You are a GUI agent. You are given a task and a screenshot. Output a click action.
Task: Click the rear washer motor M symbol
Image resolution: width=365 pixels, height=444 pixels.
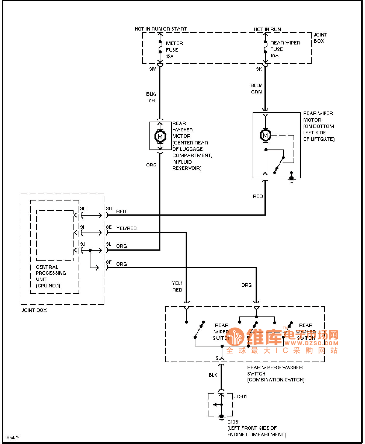pos(160,136)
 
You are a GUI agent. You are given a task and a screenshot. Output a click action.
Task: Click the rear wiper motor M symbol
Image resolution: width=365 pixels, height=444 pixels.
pos(265,135)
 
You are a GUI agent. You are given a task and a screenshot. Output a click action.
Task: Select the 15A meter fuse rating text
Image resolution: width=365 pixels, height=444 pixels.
pos(170,56)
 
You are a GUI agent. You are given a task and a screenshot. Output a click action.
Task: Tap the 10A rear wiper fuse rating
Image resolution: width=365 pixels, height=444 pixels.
pos(274,55)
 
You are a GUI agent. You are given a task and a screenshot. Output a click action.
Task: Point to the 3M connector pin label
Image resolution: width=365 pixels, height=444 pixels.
pos(153,69)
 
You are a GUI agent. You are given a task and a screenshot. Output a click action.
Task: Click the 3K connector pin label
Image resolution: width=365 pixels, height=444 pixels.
pos(259,69)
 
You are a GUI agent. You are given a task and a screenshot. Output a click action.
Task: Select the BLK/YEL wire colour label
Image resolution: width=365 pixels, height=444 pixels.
pos(152,97)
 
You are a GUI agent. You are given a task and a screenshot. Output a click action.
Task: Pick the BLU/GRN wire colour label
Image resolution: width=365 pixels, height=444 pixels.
pos(256,88)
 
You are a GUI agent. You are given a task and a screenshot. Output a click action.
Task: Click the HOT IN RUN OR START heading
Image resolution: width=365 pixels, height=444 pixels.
pos(161,29)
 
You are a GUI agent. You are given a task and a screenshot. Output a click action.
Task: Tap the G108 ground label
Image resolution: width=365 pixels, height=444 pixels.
pos(233,421)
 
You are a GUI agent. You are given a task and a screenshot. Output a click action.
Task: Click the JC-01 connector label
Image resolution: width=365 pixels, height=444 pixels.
pos(240,397)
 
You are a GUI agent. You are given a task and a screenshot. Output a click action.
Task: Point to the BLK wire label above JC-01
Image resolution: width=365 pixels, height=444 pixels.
pos(213,375)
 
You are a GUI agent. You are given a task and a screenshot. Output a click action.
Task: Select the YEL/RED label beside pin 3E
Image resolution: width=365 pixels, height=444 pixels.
pos(126,228)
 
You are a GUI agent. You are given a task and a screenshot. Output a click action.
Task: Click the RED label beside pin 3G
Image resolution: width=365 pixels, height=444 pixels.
pos(121,211)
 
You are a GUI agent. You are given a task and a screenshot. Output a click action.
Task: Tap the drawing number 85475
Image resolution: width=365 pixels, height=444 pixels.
pos(13,437)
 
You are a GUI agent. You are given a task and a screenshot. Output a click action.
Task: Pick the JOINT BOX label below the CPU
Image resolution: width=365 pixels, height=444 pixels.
pos(34,310)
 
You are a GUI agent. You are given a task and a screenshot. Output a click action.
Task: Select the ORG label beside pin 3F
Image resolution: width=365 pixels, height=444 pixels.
pos(121,264)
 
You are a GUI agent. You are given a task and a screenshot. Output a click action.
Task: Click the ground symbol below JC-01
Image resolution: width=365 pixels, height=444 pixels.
pos(221,418)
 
